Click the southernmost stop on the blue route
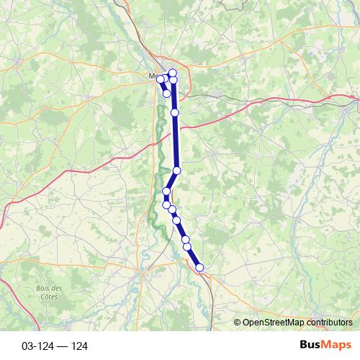(199, 268)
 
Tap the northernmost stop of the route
(173, 73)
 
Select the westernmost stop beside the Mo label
(161, 79)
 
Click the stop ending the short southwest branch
(167, 93)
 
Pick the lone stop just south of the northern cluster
(175, 112)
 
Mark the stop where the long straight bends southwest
(177, 170)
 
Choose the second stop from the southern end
(187, 247)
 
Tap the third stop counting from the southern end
(185, 239)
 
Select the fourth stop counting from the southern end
(176, 220)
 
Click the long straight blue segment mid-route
(176, 141)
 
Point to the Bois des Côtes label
(48, 292)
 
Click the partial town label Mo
(151, 74)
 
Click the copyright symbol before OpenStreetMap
(238, 323)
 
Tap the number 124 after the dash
(79, 346)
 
